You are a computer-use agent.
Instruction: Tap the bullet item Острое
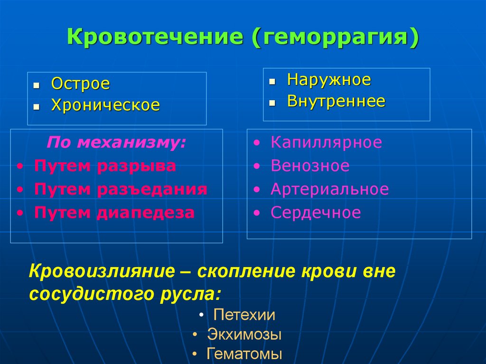81,84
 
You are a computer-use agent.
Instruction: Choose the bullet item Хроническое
105,105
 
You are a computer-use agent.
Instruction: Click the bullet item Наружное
329,80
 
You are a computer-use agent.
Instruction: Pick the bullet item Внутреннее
336,101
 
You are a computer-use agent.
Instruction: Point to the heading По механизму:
116,142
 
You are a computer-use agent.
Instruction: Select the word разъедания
152,189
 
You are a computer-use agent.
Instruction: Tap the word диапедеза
146,213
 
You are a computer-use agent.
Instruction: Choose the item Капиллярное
326,142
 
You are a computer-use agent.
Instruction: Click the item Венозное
310,166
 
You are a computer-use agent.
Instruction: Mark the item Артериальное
329,189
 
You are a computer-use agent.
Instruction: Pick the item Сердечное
316,213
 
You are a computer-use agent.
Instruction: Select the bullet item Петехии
244,315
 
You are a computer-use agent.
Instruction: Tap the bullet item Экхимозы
244,335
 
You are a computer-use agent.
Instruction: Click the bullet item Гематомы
244,354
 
